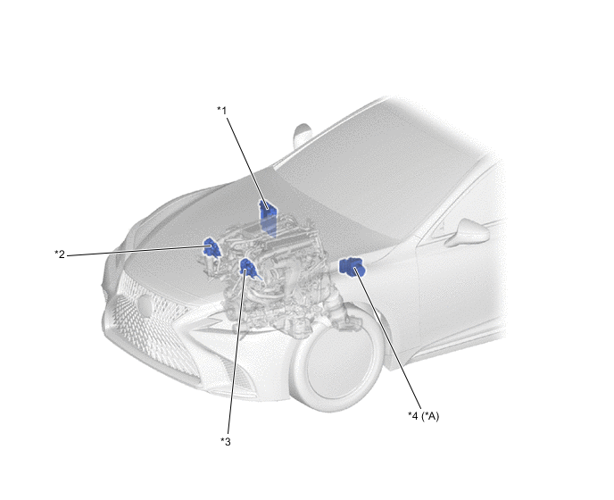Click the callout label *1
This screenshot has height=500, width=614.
pos(222,111)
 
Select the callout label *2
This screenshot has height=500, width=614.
pos(60,254)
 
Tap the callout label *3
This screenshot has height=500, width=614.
pos(226,442)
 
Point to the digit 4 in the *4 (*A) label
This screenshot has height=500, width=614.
pos(415,415)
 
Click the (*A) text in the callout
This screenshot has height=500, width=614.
pos(430,416)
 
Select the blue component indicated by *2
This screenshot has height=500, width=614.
pos(212,247)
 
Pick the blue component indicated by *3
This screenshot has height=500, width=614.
pos(248,267)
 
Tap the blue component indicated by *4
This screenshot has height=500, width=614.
pos(353,267)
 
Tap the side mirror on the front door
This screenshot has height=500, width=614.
pos(467,233)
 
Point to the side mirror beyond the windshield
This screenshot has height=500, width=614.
pos(303,135)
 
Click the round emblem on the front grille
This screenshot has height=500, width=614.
pos(144,306)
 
